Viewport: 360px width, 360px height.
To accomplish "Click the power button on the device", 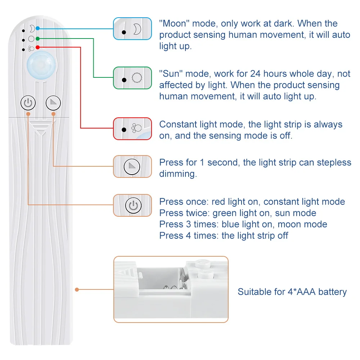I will click(x=28, y=103).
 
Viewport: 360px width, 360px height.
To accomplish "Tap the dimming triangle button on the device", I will click(x=54, y=103).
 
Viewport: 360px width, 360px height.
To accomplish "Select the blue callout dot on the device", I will click(x=37, y=28).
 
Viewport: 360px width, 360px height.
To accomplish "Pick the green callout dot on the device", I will click(x=37, y=38).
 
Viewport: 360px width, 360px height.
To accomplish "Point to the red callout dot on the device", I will click(x=37, y=48).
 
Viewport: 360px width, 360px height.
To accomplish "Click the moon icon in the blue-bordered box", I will click(x=137, y=29).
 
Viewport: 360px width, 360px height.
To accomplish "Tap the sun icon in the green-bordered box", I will click(x=136, y=78).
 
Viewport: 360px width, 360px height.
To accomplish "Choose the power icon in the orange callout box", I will click(x=132, y=206).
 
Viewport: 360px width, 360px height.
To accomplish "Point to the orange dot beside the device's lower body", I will click(x=77, y=289).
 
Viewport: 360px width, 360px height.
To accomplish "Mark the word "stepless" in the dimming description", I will click(x=334, y=162).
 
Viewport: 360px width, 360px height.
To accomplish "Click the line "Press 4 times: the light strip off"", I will click(x=224, y=235).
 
